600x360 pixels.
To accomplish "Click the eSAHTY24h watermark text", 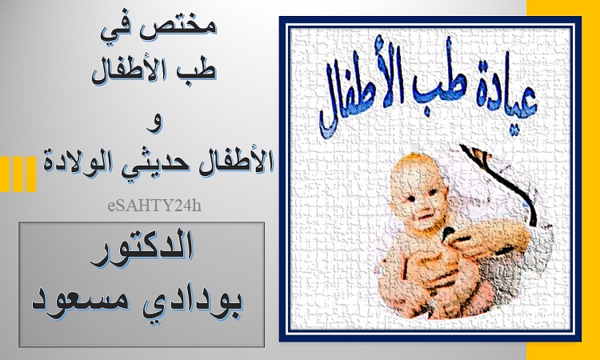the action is (154, 206).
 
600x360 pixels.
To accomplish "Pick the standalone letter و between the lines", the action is (154, 123).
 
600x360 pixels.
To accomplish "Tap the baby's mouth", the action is (425, 218).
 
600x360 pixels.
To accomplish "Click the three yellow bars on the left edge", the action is (18, 174).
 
